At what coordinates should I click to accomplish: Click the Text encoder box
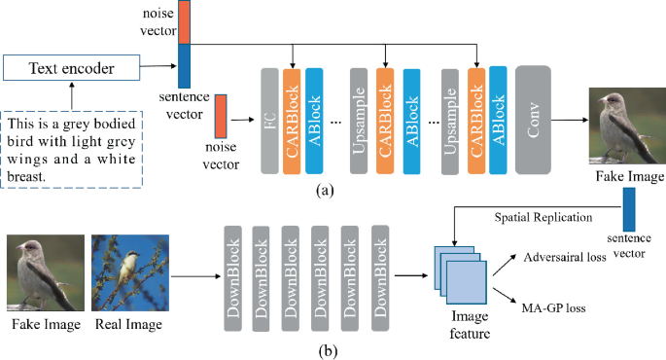pyautogui.click(x=70, y=68)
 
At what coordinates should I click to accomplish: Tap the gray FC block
pyautogui.click(x=271, y=121)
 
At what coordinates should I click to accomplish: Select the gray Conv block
pyautogui.click(x=534, y=121)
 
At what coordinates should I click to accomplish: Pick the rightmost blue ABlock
pyautogui.click(x=499, y=121)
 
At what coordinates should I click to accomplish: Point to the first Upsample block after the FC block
pyautogui.click(x=360, y=121)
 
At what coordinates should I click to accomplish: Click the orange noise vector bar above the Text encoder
pyautogui.click(x=185, y=21)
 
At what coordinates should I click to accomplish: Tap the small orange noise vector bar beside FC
pyautogui.click(x=221, y=115)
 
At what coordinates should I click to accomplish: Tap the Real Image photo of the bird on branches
pyautogui.click(x=123, y=275)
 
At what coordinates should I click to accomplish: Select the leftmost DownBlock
pyautogui.click(x=232, y=276)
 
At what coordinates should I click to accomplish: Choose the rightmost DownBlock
pyautogui.click(x=378, y=276)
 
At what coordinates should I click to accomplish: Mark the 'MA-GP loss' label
pyautogui.click(x=553, y=308)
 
